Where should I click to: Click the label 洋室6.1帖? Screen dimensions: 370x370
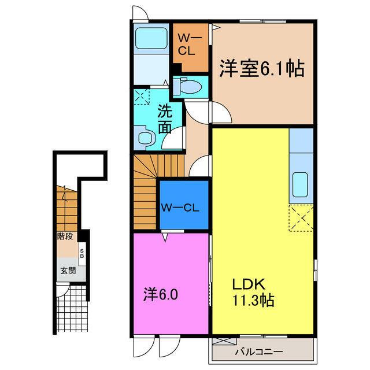click(x=262, y=68)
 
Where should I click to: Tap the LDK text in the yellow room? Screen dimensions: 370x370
click(x=249, y=284)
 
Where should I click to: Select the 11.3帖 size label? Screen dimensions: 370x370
click(x=253, y=301)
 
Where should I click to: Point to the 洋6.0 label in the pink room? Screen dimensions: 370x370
click(x=161, y=294)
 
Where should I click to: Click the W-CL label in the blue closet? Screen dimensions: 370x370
click(x=180, y=208)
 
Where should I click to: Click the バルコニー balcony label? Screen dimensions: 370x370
click(x=259, y=352)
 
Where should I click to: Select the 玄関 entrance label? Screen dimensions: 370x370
click(x=68, y=271)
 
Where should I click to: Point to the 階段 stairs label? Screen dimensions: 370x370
click(x=65, y=236)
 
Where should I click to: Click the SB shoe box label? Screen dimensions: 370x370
click(x=82, y=253)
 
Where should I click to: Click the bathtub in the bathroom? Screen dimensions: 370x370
click(x=151, y=38)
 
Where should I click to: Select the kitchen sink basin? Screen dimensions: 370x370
click(x=300, y=185)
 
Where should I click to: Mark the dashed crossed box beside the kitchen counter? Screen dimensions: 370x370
click(x=301, y=218)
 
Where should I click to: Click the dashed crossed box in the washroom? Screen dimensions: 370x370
click(x=142, y=97)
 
